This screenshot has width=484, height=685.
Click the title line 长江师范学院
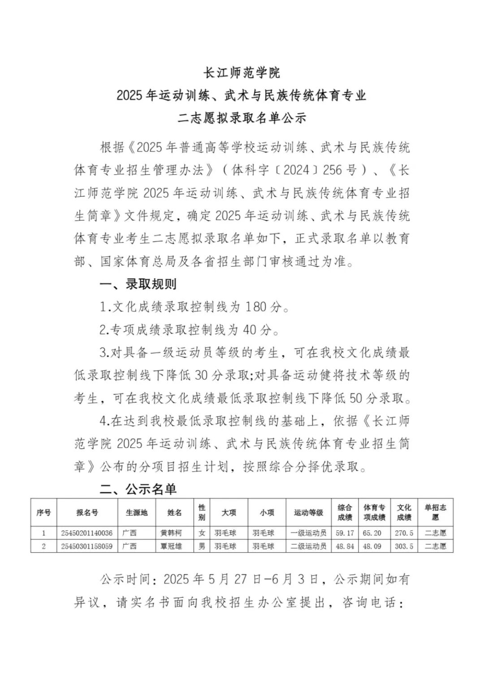click(242, 72)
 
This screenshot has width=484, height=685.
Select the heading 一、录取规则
click(138, 284)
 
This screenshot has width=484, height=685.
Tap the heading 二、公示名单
click(138, 489)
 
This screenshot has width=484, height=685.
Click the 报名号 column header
click(87, 512)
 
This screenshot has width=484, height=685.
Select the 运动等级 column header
click(308, 512)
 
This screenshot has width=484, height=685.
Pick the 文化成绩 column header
click(404, 512)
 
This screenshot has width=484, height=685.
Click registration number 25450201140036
click(87, 533)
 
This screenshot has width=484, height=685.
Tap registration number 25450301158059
click(87, 546)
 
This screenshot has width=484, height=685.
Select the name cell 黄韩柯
click(171, 533)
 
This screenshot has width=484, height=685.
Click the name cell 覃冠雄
click(171, 546)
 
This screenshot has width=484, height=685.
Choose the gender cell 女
click(202, 533)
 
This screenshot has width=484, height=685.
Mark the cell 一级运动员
click(308, 533)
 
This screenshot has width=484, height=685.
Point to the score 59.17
click(345, 533)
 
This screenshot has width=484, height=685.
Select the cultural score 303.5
click(404, 546)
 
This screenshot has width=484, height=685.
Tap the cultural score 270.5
click(404, 533)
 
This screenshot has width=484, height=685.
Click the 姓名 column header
click(174, 512)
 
